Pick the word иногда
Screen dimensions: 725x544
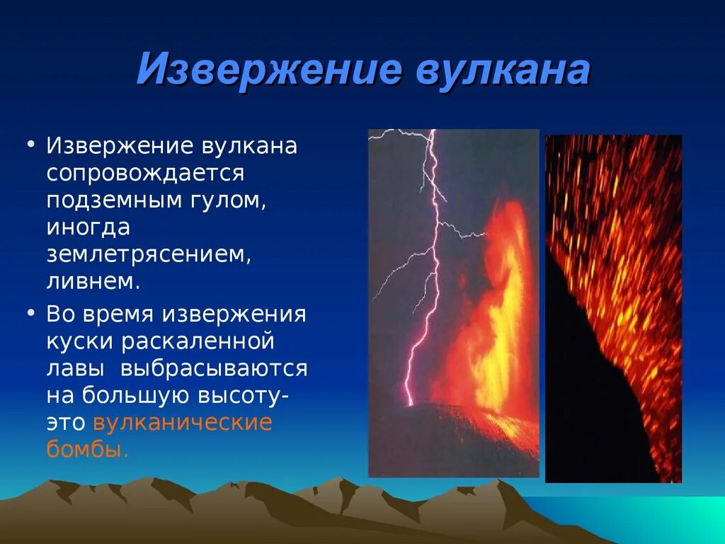click(89, 228)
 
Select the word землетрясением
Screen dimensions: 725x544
click(149, 255)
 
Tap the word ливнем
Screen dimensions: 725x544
click(93, 281)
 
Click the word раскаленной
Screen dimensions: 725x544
click(198, 341)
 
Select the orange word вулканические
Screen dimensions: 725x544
click(183, 424)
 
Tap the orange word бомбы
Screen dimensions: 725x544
click(87, 448)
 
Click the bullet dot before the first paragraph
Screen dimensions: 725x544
click(31, 144)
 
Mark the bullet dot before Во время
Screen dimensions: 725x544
click(31, 313)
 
